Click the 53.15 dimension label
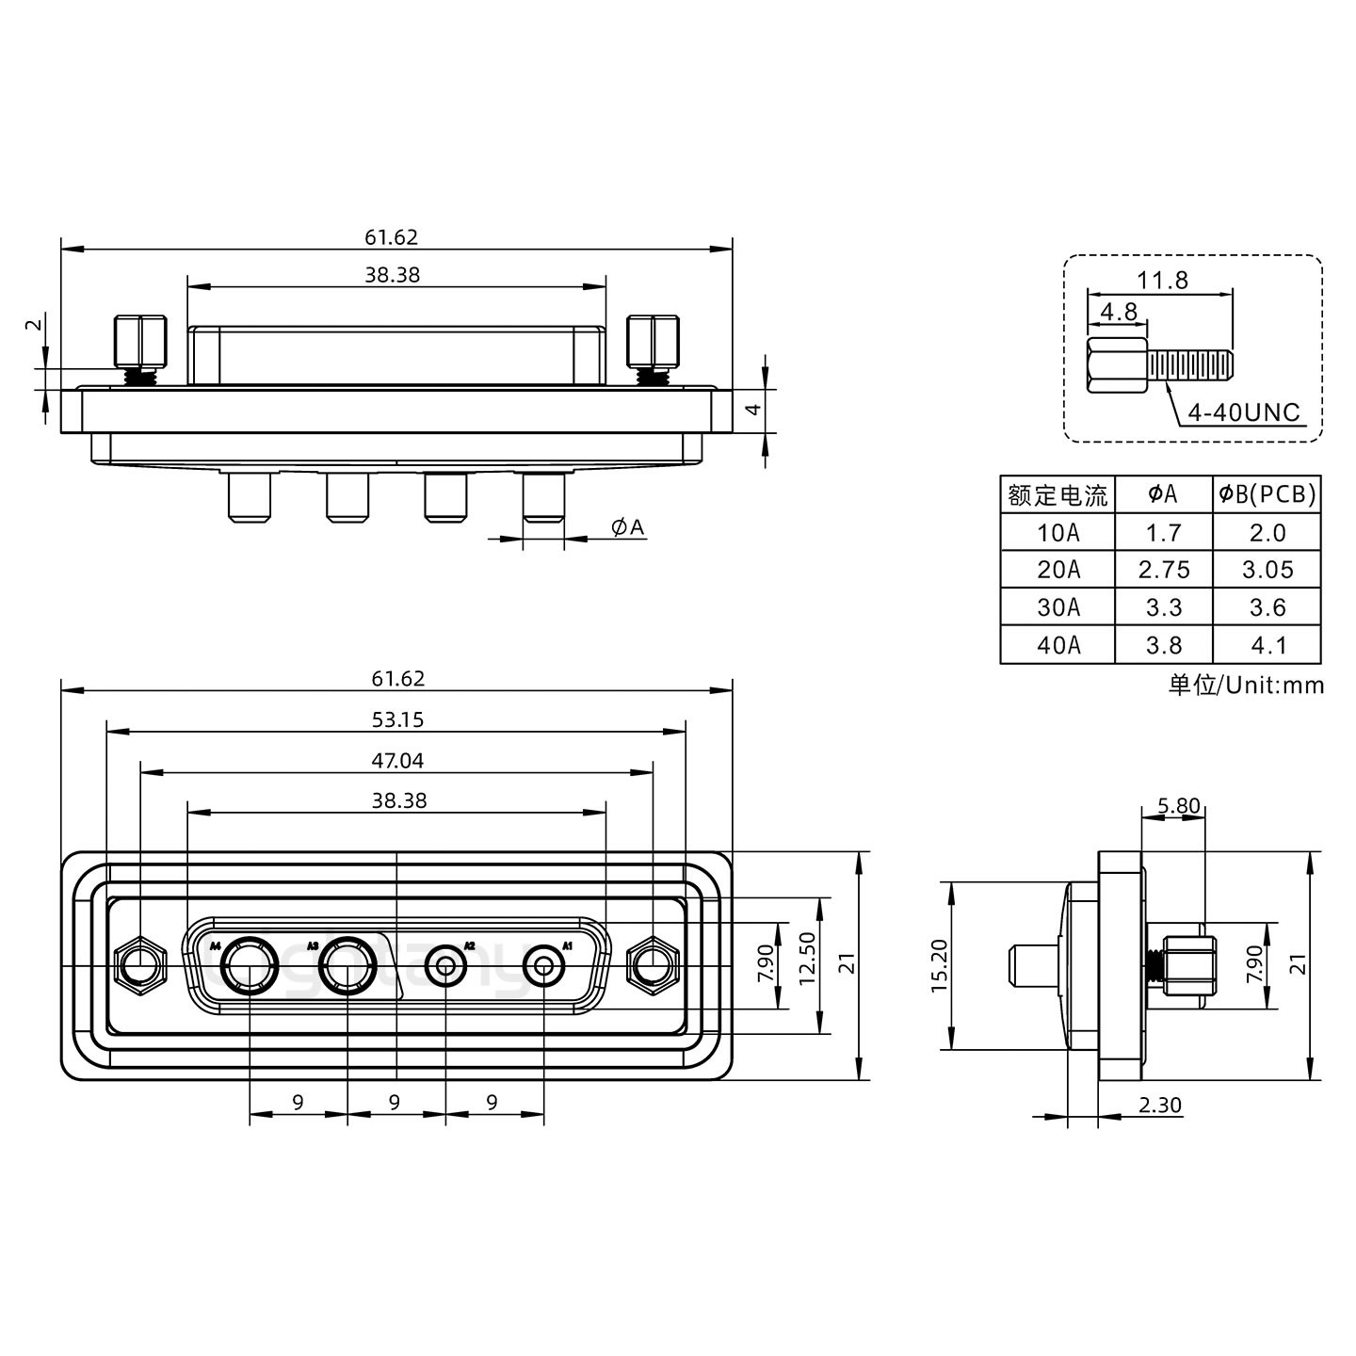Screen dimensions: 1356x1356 [x=398, y=720]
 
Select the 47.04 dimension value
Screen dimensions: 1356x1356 [x=398, y=761]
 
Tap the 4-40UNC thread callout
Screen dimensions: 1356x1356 [x=1243, y=412]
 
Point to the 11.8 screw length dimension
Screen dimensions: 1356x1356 [x=1162, y=280]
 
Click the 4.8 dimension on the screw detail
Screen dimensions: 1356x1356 [x=1118, y=312]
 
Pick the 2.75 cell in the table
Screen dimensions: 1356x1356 [x=1164, y=570]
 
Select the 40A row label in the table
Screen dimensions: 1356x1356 [x=1058, y=645]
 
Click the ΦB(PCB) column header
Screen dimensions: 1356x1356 [x=1267, y=494]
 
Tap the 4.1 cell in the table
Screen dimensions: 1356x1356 [x=1267, y=645]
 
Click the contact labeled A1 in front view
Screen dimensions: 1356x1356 [x=543, y=966]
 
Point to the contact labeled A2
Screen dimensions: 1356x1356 [x=444, y=966]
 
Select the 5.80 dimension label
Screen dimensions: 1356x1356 [x=1178, y=806]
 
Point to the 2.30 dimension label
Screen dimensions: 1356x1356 [x=1159, y=1106]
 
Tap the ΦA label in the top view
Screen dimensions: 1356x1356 [x=628, y=527]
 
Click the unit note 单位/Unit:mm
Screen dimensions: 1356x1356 [x=1246, y=685]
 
